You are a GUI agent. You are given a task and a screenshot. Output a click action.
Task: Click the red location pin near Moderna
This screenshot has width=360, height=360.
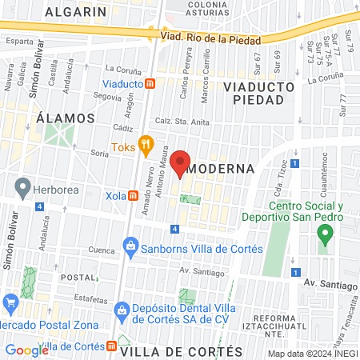click(x=180, y=160)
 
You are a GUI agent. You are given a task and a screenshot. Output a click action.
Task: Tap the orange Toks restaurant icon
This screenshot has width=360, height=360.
click(x=145, y=146)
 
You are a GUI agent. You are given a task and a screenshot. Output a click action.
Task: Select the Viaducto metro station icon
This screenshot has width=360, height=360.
click(x=150, y=82)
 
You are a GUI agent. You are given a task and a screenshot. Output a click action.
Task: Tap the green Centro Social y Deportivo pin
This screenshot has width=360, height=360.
click(x=324, y=235)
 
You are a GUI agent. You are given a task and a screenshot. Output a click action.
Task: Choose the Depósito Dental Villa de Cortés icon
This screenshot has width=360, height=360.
click(x=121, y=309)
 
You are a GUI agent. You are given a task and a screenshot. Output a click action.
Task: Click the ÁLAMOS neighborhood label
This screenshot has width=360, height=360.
click(x=66, y=118)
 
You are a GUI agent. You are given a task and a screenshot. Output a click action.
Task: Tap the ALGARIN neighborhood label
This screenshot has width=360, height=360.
click(x=76, y=12)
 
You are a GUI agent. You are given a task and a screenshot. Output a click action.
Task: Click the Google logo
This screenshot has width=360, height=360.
click(x=26, y=350)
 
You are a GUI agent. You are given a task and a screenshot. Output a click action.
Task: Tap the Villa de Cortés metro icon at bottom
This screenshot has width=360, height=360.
click(x=111, y=346)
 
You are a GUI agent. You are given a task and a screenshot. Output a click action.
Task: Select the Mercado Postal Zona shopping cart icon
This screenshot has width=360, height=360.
click(x=10, y=302)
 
